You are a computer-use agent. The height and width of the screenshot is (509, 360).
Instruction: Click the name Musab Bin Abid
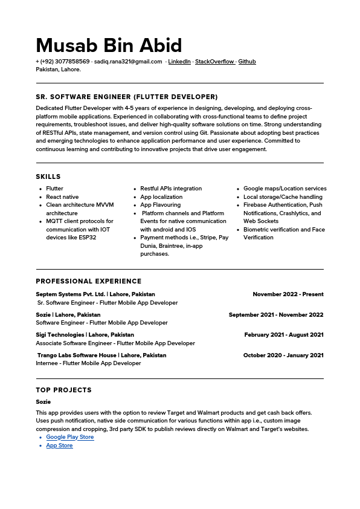(109, 45)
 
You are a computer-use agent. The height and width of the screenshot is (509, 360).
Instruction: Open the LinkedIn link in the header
(179, 62)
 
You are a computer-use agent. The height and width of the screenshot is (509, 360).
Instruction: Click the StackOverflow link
(214, 62)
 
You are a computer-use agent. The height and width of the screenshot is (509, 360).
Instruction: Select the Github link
(247, 62)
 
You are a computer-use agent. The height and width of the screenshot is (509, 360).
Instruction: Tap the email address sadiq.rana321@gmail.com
(128, 62)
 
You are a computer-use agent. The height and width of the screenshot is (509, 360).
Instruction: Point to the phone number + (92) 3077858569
(63, 62)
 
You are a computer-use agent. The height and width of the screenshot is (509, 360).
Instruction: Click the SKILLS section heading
(48, 177)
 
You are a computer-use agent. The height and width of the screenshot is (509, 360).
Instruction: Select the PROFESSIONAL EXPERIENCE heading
(89, 281)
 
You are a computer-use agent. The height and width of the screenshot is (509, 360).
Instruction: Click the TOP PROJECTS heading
(63, 390)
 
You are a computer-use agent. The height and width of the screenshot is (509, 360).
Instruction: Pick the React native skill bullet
(62, 197)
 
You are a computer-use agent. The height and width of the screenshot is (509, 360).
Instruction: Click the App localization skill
(161, 197)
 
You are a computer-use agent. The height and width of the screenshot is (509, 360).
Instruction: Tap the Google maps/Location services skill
(284, 189)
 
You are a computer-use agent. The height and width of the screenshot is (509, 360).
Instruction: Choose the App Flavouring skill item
(160, 205)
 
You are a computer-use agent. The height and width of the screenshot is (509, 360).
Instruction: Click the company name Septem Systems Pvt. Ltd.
(69, 294)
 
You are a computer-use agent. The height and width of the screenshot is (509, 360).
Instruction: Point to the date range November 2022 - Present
(288, 294)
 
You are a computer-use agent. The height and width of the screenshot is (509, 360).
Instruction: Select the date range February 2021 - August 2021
(284, 335)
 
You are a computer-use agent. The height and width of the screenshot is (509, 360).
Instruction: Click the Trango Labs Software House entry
(77, 355)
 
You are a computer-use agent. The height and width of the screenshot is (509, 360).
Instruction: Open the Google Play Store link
(70, 437)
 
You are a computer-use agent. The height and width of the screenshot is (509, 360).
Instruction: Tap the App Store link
(59, 446)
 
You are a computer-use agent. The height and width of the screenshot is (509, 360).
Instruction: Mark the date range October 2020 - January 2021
(283, 355)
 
